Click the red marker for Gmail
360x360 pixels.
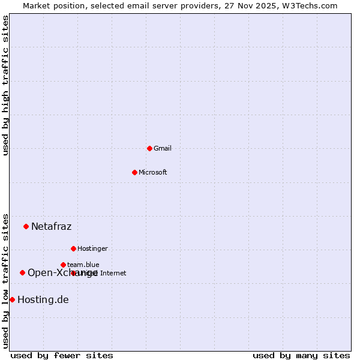point(149,148)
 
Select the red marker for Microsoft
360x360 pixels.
point(134,172)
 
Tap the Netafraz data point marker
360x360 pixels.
point(26,226)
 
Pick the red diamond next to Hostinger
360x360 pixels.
point(73,248)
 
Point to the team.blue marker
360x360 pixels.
point(63,265)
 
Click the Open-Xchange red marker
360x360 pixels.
point(22,272)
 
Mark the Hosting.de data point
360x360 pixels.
point(12,299)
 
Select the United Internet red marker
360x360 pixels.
point(73,273)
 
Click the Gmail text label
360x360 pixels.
point(163,148)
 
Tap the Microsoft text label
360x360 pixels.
point(153,172)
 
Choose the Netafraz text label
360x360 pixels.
point(51,226)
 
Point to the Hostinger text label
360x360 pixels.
point(92,248)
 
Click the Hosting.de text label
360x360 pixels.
point(43,299)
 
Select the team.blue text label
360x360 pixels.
point(83,265)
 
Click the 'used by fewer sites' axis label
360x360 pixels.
point(62,355)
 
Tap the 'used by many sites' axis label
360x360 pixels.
point(301,355)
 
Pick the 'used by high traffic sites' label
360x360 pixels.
point(5,85)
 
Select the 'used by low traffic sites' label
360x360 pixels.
point(5,280)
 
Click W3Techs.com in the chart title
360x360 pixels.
point(310,5)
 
